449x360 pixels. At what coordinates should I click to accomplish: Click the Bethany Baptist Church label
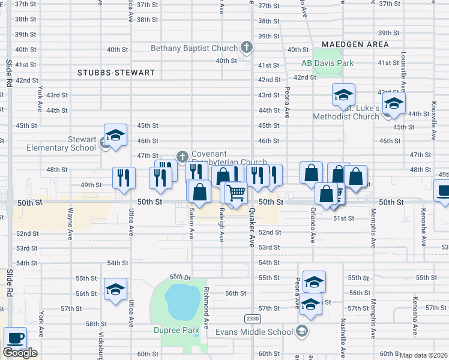click(x=194, y=48)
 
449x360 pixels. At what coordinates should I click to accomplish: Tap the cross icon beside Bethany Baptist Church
click(x=246, y=47)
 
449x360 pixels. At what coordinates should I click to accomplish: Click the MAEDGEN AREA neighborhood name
click(x=355, y=44)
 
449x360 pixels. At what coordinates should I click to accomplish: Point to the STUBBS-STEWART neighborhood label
click(x=116, y=73)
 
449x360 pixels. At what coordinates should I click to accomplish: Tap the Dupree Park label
click(x=182, y=330)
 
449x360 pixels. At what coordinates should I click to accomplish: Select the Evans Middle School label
click(x=258, y=332)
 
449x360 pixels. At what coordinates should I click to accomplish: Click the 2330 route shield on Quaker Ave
click(x=253, y=318)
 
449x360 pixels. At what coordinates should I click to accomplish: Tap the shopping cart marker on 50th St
click(x=237, y=193)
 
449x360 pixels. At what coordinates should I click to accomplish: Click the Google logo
click(x=20, y=353)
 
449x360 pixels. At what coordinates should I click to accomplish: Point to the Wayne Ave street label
click(x=70, y=222)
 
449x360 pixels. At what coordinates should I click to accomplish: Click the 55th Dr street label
click(x=179, y=277)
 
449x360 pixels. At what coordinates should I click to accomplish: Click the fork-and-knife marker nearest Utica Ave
click(x=124, y=178)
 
